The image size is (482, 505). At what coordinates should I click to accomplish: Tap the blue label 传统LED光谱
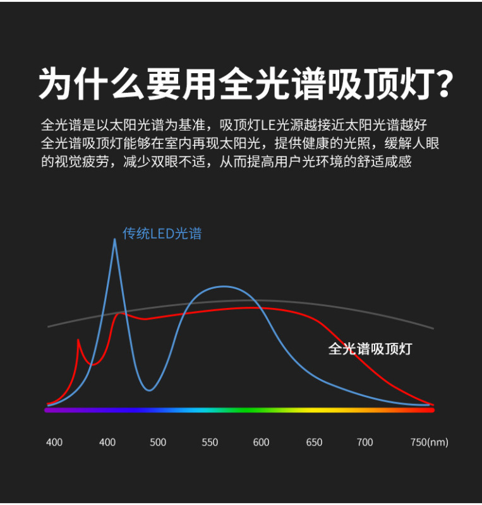162,234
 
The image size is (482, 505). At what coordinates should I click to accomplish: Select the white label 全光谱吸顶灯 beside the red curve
370,349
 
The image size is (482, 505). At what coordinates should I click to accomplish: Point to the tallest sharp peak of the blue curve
115,239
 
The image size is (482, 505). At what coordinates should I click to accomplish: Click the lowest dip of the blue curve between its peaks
149,390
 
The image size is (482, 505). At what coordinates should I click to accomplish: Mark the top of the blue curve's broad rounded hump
224,287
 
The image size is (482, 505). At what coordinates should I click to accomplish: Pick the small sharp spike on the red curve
78,340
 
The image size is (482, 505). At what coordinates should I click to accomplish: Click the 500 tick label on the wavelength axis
158,443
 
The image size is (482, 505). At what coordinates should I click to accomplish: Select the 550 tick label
210,443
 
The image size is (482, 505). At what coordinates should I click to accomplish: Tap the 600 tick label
261,443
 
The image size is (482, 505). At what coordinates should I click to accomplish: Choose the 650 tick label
314,443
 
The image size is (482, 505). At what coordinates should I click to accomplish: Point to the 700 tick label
365,443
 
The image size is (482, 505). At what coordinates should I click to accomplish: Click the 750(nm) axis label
430,443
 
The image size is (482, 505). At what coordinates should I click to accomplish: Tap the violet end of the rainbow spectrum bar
47,410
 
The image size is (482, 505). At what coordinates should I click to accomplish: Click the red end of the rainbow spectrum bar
432,410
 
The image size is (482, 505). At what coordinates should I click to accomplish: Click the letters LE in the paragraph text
268,125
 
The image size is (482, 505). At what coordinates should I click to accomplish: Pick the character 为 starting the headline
55,84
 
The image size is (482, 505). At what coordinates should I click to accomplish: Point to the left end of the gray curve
48,326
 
